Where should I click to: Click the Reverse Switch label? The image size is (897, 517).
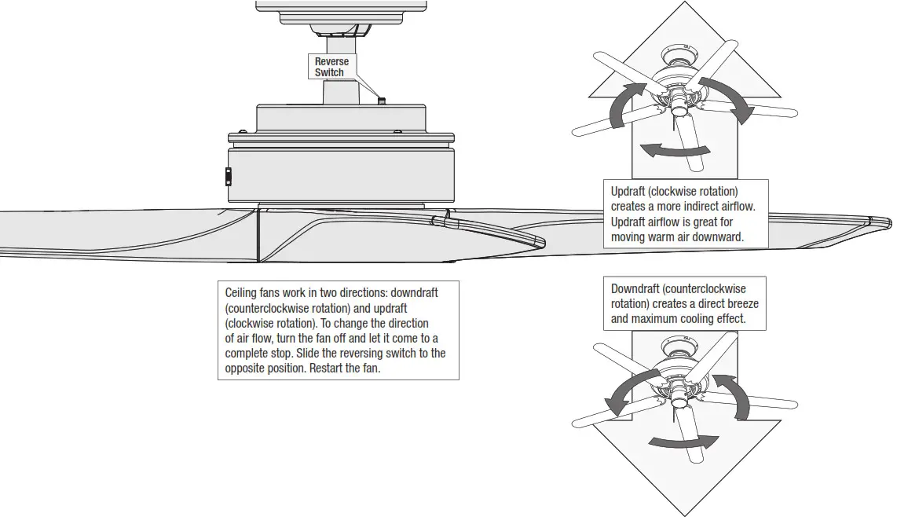331,67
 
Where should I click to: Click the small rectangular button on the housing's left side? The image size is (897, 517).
229,177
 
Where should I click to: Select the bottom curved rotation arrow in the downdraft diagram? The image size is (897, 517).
682,442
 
